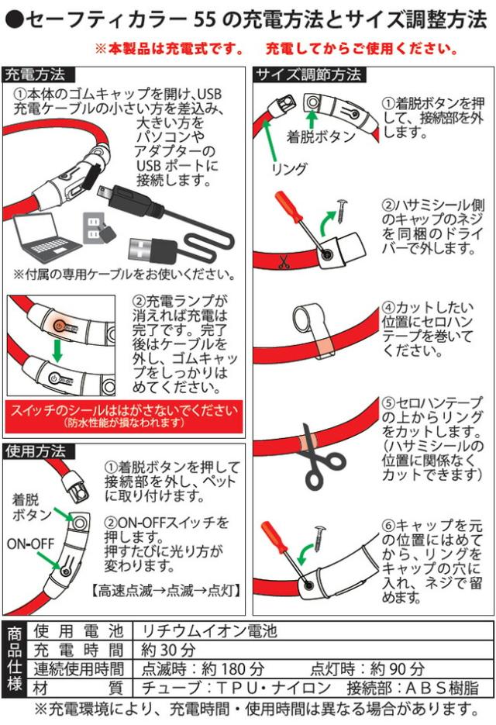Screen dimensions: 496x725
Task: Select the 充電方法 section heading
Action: (36, 74)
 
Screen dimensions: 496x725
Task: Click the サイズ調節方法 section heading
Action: (308, 74)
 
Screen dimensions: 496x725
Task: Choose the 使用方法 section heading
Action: (36, 451)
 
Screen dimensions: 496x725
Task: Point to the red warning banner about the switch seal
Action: (124, 416)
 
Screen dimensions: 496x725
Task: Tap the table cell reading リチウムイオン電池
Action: (209, 631)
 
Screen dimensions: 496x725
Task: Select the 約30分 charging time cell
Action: (169, 650)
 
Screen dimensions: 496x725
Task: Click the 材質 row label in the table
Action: (78, 688)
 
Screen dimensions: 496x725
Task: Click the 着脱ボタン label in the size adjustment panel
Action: (321, 136)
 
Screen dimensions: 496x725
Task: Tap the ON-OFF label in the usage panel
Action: (30, 544)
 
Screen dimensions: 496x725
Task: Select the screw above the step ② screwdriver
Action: (343, 209)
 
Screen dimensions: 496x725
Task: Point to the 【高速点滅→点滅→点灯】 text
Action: (166, 590)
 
